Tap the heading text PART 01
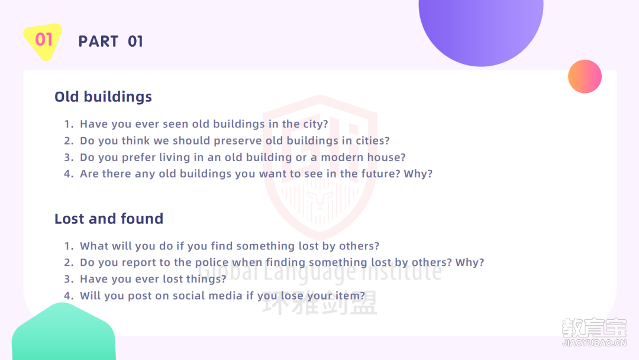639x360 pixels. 111,41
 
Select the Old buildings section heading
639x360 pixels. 103,97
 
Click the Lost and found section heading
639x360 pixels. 109,218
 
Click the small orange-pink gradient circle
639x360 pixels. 585,76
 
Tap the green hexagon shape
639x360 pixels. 63,332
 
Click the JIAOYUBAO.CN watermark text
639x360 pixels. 594,343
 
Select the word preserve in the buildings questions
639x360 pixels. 238,141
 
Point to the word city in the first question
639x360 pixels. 315,124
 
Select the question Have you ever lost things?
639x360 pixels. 153,279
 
